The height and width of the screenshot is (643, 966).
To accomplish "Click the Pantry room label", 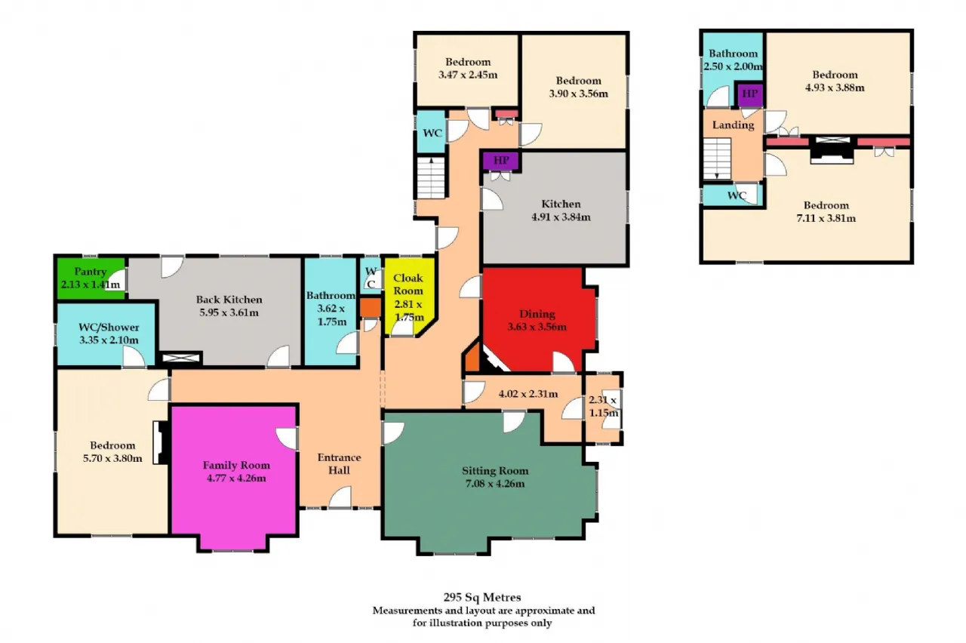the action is point(90,272).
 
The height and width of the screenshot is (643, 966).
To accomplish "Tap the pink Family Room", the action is point(235,475).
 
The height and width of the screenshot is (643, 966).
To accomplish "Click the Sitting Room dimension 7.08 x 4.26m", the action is point(495,484).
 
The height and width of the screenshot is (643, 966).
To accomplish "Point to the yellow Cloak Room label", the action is point(408,285).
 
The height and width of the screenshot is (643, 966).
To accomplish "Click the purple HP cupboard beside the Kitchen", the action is point(500,161).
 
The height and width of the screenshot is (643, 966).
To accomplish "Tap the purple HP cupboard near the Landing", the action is point(750,94).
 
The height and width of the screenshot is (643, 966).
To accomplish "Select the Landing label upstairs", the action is point(733,125).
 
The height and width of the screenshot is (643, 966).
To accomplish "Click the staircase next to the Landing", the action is point(717,158).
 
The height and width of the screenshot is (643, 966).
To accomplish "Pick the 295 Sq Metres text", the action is point(482,597).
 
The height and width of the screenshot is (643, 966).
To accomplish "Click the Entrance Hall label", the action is point(340,463).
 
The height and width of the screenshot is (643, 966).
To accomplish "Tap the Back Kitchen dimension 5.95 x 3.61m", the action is point(229,312).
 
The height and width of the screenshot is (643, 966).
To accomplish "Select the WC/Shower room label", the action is point(109,328).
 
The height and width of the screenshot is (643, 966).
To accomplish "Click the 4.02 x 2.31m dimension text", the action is point(528,394).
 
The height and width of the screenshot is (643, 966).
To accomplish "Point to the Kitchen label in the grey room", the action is point(561,204).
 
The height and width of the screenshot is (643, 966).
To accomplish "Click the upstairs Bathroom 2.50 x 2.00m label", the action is point(733,60).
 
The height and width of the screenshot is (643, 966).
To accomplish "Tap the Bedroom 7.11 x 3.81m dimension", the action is point(826,218).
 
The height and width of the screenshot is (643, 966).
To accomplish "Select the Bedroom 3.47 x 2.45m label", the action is point(468,68).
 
